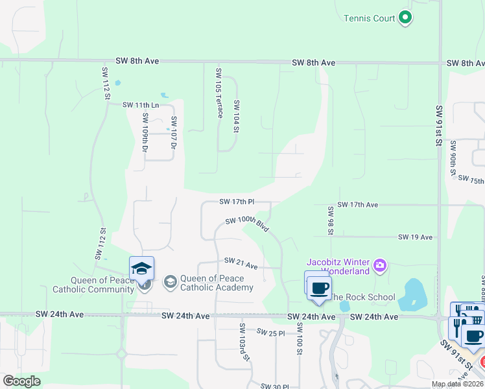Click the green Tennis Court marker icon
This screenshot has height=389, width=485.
[x=405, y=18]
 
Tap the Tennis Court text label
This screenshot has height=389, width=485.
[x=370, y=18]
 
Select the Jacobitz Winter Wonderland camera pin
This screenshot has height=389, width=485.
[x=380, y=265]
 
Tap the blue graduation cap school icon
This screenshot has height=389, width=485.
[x=142, y=268]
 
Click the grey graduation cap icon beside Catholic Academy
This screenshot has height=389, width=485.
[x=170, y=281]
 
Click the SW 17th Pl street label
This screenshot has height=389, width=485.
[x=236, y=202]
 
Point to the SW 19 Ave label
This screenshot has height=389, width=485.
[x=415, y=237]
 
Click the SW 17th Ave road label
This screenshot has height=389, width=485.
[x=357, y=204]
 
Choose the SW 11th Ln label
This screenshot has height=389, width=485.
[x=141, y=104]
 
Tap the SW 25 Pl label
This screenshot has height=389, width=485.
[x=270, y=332]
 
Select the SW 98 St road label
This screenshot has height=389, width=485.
[x=331, y=220]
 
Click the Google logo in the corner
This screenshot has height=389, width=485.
[x=21, y=381]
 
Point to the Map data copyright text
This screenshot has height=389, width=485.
[x=458, y=384]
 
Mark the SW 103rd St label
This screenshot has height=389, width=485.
[x=244, y=342]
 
